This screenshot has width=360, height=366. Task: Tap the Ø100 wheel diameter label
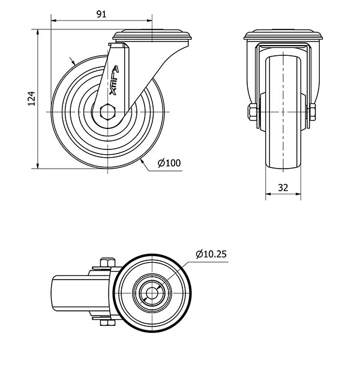pyautogui.click(x=169, y=163)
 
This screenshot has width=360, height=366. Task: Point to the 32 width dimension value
pyautogui.click(x=284, y=187)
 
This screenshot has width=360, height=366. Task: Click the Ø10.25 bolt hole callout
pyautogui.click(x=211, y=254)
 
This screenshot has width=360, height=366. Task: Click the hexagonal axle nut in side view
pyautogui.click(x=107, y=112)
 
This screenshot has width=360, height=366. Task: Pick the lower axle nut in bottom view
pyautogui.click(x=107, y=325)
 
